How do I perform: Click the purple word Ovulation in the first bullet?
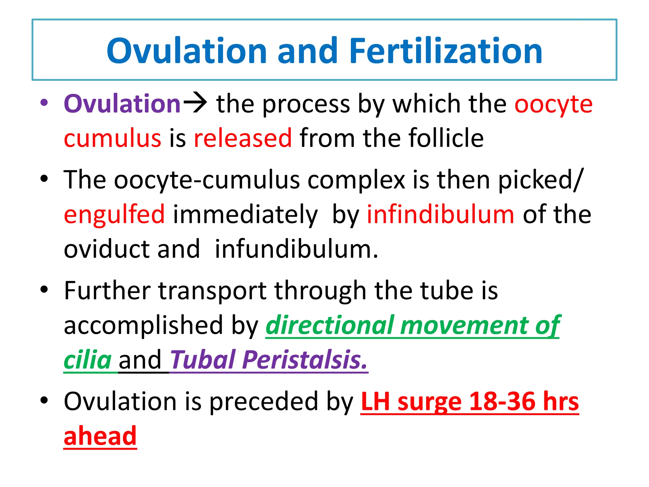[x=122, y=104]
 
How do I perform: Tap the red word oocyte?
[x=553, y=105]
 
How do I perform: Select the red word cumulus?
[x=112, y=138]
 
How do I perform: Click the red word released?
[x=243, y=138]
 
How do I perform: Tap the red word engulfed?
[x=114, y=215]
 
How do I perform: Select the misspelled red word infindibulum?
[x=440, y=214]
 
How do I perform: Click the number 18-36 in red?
[x=502, y=402]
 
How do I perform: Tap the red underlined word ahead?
[x=100, y=436]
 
